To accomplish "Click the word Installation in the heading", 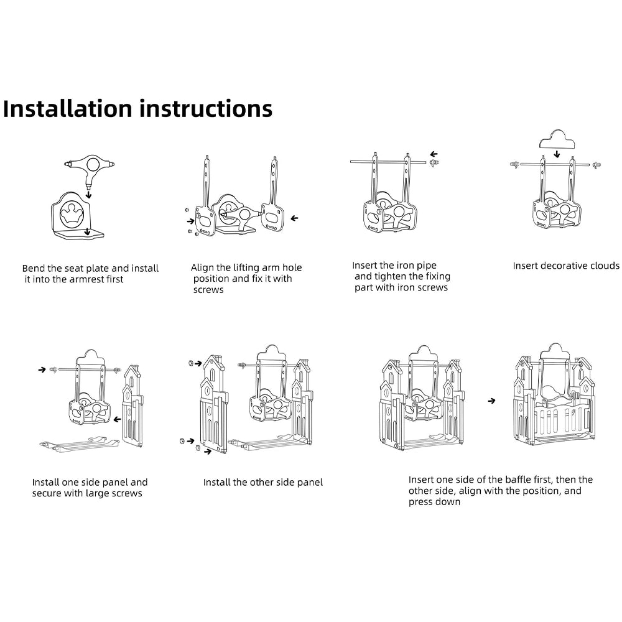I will [x=68, y=108].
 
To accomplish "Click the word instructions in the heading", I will [x=206, y=108].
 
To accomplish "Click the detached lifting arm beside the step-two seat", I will [x=272, y=199].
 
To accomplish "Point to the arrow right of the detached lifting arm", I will [x=294, y=218].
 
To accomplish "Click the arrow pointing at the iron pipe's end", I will [x=434, y=154].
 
